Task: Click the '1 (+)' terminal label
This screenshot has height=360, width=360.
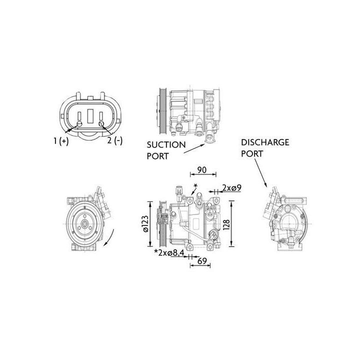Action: (61, 141)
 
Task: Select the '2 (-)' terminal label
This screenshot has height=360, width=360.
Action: (114, 141)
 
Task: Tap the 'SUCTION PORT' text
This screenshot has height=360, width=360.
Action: (166, 149)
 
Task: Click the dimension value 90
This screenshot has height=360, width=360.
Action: (202, 170)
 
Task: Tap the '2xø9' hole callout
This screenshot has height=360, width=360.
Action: (232, 188)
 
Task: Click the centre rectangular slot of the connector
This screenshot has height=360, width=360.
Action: (90, 116)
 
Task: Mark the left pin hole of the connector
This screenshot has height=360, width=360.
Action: (80, 123)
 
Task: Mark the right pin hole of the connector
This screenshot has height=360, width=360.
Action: (101, 123)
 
